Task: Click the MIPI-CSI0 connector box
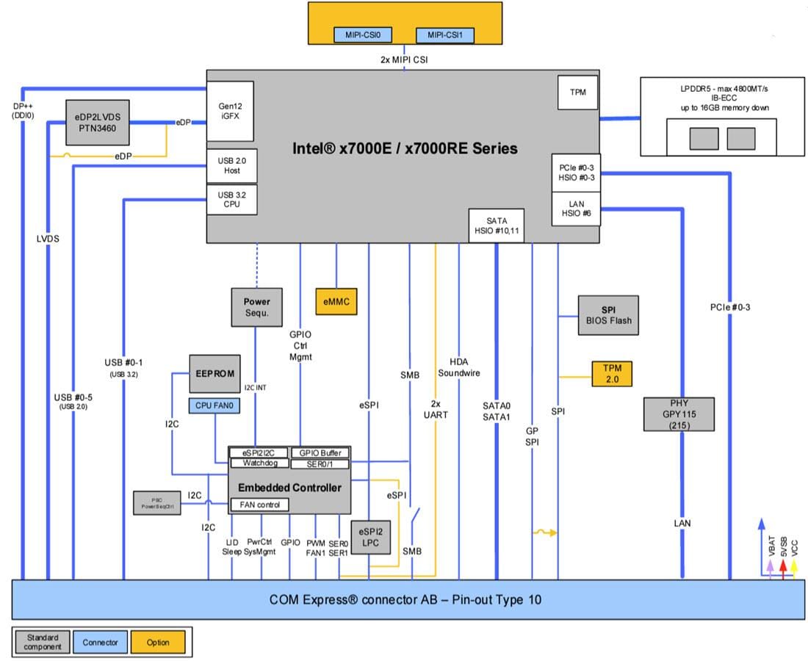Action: click(363, 35)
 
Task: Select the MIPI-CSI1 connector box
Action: click(445, 35)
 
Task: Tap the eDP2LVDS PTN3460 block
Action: click(98, 121)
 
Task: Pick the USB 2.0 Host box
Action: click(233, 166)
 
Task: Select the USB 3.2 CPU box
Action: click(233, 199)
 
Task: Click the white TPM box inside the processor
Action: click(577, 93)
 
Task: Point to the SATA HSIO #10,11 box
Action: click(497, 225)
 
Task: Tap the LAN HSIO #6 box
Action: click(576, 209)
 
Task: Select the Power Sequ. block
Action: click(256, 307)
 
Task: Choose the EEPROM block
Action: click(214, 374)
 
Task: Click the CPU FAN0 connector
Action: click(217, 405)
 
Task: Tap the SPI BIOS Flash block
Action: click(609, 314)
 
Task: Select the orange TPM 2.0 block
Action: click(611, 373)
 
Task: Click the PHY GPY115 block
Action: click(678, 414)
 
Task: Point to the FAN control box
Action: click(259, 505)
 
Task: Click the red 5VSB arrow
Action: click(783, 566)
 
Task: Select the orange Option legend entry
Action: click(158, 643)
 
